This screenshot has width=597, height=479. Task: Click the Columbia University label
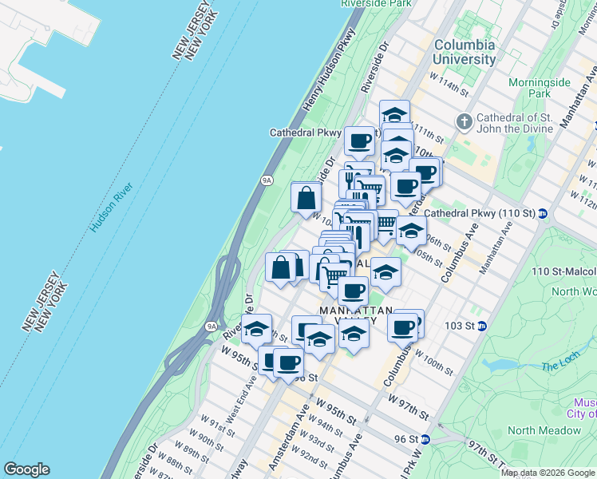(464, 52)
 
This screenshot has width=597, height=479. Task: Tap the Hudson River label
(112, 208)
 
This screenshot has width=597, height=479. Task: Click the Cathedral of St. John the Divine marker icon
(464, 122)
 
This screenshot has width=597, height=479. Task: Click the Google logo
(26, 469)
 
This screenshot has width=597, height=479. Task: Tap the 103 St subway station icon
(483, 327)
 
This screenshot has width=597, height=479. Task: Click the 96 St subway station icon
(426, 439)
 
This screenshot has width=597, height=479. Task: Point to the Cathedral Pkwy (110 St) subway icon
(543, 213)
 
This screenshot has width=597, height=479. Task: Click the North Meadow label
(544, 430)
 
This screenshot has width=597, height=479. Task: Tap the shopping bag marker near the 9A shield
(306, 199)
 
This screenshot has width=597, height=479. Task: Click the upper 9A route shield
(267, 181)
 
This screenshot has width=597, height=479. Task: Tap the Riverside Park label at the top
(375, 4)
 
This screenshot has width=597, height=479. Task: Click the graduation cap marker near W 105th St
(385, 273)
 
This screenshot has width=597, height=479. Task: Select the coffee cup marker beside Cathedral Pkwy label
(358, 141)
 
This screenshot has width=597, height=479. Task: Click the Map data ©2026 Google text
(547, 473)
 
